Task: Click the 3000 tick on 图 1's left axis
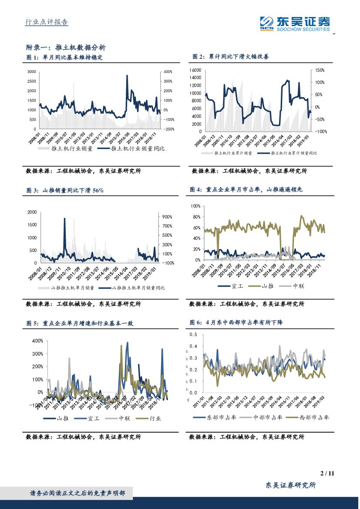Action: [x=32, y=71]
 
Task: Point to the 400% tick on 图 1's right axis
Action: [x=168, y=71]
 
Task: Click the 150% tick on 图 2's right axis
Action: [x=320, y=70]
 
